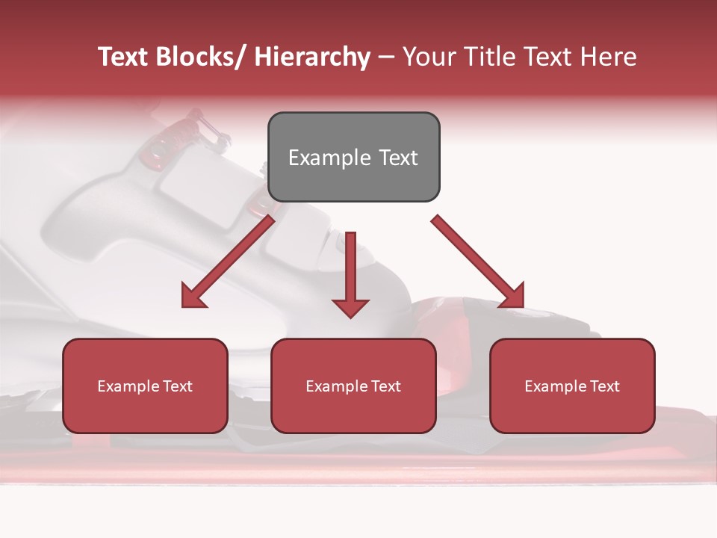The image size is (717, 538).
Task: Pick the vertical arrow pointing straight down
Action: click(350, 273)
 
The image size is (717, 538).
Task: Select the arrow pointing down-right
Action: click(479, 262)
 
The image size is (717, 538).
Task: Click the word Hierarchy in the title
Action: click(312, 57)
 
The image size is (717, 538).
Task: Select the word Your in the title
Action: click(428, 57)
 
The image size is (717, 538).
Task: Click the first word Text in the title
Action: click(125, 57)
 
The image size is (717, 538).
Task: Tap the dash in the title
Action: click(386, 57)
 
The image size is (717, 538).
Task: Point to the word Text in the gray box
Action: click(397, 158)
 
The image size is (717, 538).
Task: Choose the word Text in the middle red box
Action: click(386, 386)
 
